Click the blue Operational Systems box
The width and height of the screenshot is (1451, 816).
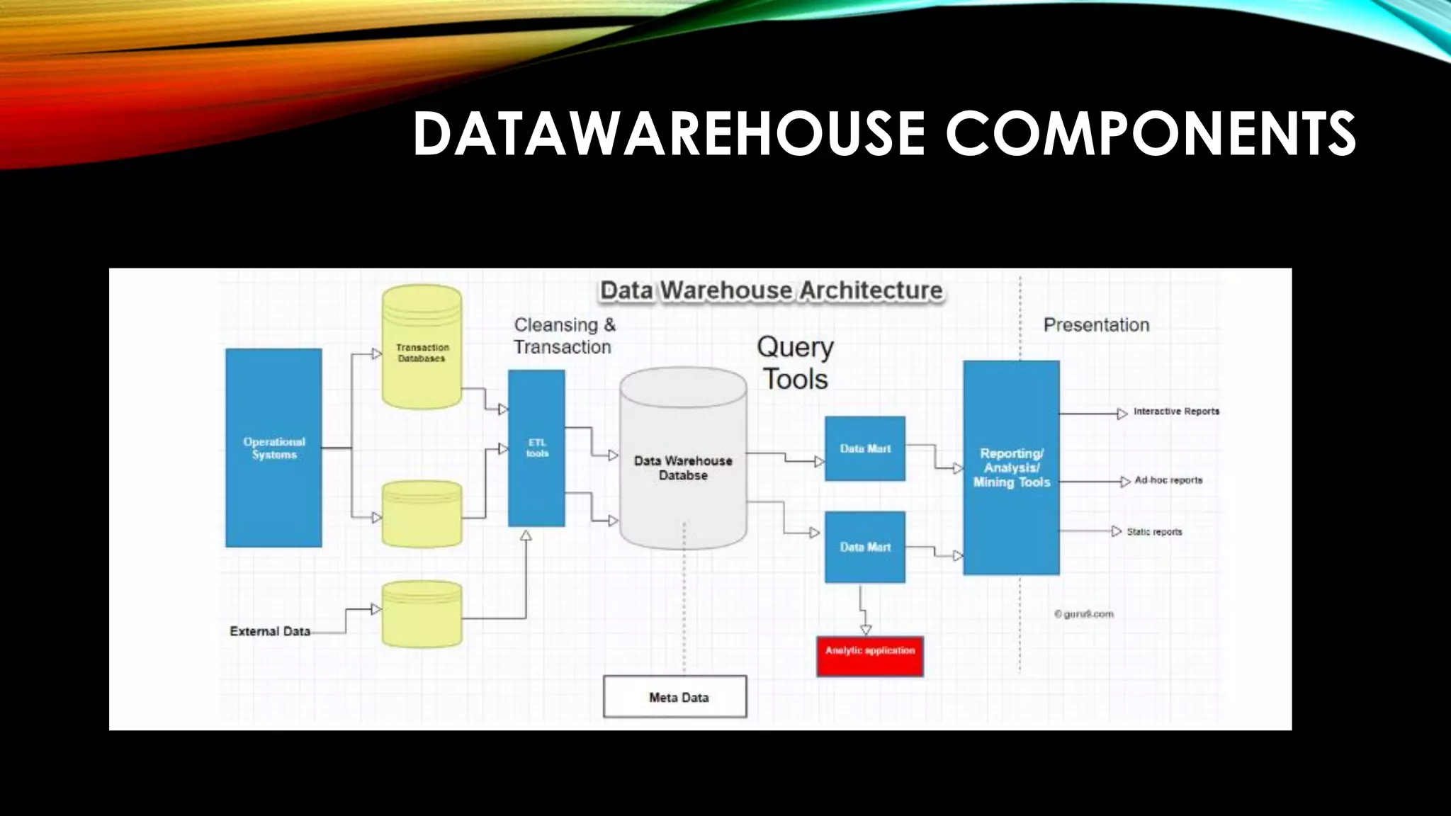coord(273,448)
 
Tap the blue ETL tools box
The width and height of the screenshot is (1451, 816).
coord(536,448)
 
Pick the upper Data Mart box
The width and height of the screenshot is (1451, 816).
coord(865,448)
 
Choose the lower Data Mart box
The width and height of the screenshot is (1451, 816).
coord(865,547)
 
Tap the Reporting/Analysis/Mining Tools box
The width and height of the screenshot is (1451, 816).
coord(1011,467)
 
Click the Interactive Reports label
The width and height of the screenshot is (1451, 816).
coord(1176,412)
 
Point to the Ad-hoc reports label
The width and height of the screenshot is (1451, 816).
coord(1168,480)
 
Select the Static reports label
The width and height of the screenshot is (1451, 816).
coord(1154,532)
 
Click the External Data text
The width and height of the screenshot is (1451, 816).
coord(270,631)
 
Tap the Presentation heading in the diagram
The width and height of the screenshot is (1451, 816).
coord(1096,325)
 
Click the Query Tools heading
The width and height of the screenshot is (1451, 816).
coord(795,363)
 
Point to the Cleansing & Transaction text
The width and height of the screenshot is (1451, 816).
coord(564,336)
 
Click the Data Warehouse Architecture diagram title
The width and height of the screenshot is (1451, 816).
coord(771,290)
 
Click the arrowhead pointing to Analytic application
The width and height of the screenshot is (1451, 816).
coord(865,629)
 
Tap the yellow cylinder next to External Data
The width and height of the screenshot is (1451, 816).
coord(422,613)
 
